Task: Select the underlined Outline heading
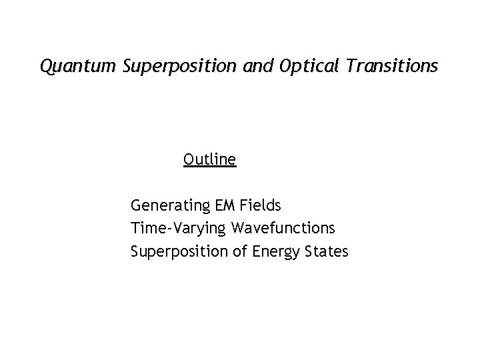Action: coord(209,160)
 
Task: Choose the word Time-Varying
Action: coord(179,229)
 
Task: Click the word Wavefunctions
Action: coord(283,229)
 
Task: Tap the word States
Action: coord(327,252)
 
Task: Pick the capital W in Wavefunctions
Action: coord(239,229)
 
